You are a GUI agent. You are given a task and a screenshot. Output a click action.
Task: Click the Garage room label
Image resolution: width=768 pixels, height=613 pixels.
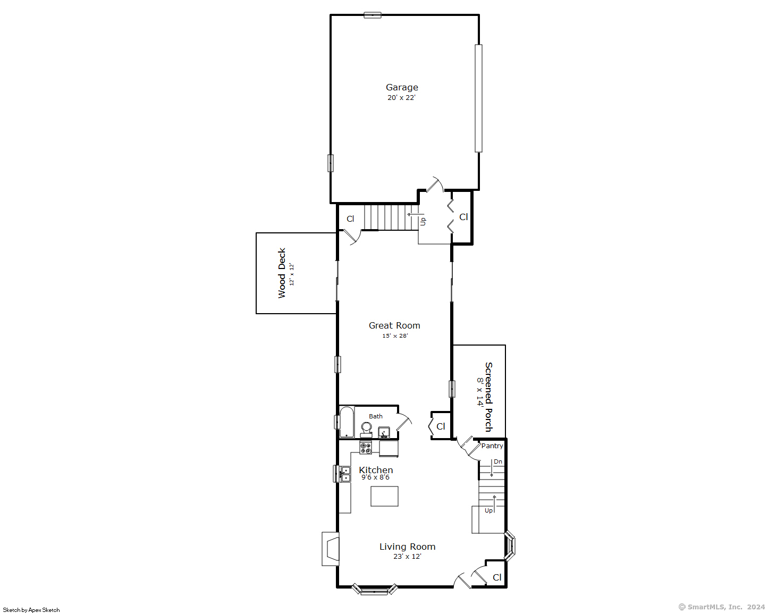(402, 88)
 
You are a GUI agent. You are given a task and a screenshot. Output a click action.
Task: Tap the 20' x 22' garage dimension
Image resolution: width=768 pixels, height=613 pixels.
(401, 97)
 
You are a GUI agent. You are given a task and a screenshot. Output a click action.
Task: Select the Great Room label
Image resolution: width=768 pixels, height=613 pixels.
(394, 325)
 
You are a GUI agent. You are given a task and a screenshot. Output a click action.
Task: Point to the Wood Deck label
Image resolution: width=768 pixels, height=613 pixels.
(282, 273)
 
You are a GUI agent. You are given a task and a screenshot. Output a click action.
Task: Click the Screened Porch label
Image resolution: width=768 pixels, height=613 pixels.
(488, 397)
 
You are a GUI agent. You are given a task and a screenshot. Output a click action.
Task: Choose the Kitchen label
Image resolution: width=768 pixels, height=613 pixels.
(376, 470)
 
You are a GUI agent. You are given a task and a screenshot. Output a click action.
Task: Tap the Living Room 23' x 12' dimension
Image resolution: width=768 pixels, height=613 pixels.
(407, 556)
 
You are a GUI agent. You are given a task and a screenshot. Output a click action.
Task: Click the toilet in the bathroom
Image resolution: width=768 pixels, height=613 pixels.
(366, 429)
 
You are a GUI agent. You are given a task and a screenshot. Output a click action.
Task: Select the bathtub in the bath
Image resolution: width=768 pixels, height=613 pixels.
(347, 422)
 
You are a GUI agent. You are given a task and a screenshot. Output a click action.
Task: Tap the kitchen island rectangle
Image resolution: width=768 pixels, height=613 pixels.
(384, 496)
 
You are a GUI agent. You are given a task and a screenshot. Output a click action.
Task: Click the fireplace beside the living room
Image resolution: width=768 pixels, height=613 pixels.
(331, 549)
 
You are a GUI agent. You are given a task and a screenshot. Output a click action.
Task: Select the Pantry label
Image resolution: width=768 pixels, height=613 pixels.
(492, 446)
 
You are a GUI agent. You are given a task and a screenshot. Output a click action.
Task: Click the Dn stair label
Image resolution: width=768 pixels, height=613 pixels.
(498, 461)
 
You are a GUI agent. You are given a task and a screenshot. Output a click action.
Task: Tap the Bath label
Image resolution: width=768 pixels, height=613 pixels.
(375, 416)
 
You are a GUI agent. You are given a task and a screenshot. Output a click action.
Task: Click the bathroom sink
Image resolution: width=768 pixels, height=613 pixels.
(384, 432)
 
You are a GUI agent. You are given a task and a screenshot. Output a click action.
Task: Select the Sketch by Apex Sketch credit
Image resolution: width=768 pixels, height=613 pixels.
(31, 610)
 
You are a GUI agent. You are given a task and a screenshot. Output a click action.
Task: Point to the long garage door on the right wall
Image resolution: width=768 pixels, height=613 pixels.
(478, 98)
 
